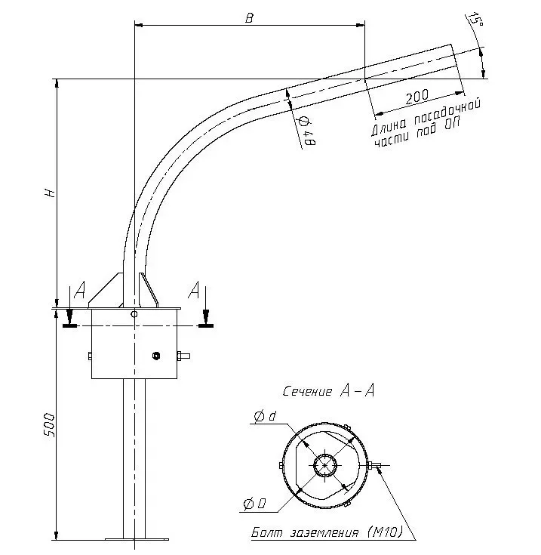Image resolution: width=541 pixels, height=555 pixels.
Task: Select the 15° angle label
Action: point(475,20)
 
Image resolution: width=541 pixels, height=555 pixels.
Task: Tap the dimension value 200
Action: point(417,97)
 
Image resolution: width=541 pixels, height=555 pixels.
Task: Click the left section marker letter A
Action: point(79,291)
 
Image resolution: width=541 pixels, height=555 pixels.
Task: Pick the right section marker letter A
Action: point(195,291)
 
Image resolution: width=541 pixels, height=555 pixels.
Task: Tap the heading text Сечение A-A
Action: point(328,391)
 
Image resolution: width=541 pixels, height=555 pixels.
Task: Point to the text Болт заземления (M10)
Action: point(327,533)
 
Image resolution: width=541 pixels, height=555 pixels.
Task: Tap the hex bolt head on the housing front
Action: point(155,356)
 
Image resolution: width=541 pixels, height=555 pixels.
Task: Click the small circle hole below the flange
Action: point(134,313)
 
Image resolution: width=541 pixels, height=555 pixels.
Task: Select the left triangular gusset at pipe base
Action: point(108,291)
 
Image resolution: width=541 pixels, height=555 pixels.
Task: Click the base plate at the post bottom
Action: point(136,538)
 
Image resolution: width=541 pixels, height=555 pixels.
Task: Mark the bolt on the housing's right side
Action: point(183,356)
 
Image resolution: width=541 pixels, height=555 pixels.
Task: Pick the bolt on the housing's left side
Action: point(89,356)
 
